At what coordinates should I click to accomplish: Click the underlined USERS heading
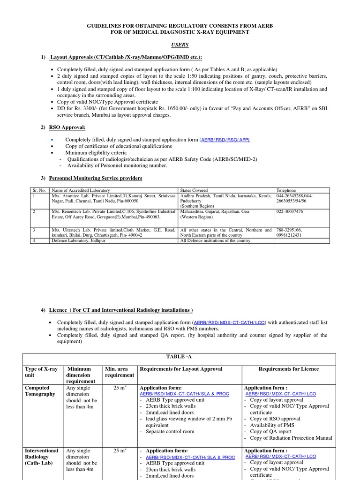[x=180, y=45]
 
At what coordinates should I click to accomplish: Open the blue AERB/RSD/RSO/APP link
[x=225, y=140]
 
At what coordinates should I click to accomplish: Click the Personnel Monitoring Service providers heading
[x=96, y=178]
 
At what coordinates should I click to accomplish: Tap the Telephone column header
[x=287, y=190]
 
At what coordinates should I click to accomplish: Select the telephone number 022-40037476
[x=290, y=211]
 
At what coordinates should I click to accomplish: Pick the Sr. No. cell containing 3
[x=34, y=230]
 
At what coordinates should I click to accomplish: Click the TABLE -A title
[x=180, y=357]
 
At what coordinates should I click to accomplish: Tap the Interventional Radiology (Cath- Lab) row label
[x=41, y=457]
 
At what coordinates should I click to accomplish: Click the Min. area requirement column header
[x=119, y=372]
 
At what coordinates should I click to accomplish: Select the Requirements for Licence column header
[x=288, y=369]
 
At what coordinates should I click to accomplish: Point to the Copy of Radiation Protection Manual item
[x=291, y=438]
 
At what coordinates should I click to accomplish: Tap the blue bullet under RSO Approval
[x=52, y=140]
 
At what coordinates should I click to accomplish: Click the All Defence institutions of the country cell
[x=215, y=240]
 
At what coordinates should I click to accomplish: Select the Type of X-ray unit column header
[x=41, y=372]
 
